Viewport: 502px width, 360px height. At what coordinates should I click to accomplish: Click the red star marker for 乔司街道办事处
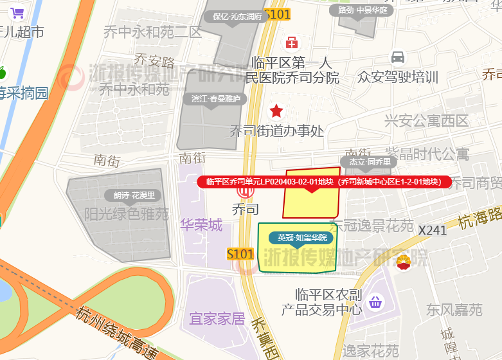pyautogui.click(x=276, y=111)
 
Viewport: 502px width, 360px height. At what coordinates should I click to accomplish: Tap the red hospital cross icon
pyautogui.click(x=292, y=42)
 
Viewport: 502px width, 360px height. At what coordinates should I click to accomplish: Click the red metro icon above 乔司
pyautogui.click(x=244, y=192)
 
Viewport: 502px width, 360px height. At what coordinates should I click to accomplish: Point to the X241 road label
pyautogui.click(x=432, y=230)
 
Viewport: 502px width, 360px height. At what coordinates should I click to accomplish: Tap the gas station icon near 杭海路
pyautogui.click(x=404, y=262)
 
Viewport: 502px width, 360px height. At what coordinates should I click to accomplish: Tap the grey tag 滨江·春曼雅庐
pyautogui.click(x=216, y=99)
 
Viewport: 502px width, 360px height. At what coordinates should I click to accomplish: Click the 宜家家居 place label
pyautogui.click(x=217, y=318)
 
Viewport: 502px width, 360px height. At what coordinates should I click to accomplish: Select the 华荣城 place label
pyautogui.click(x=201, y=225)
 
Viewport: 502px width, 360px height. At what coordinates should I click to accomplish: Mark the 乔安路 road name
pyautogui.click(x=154, y=62)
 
